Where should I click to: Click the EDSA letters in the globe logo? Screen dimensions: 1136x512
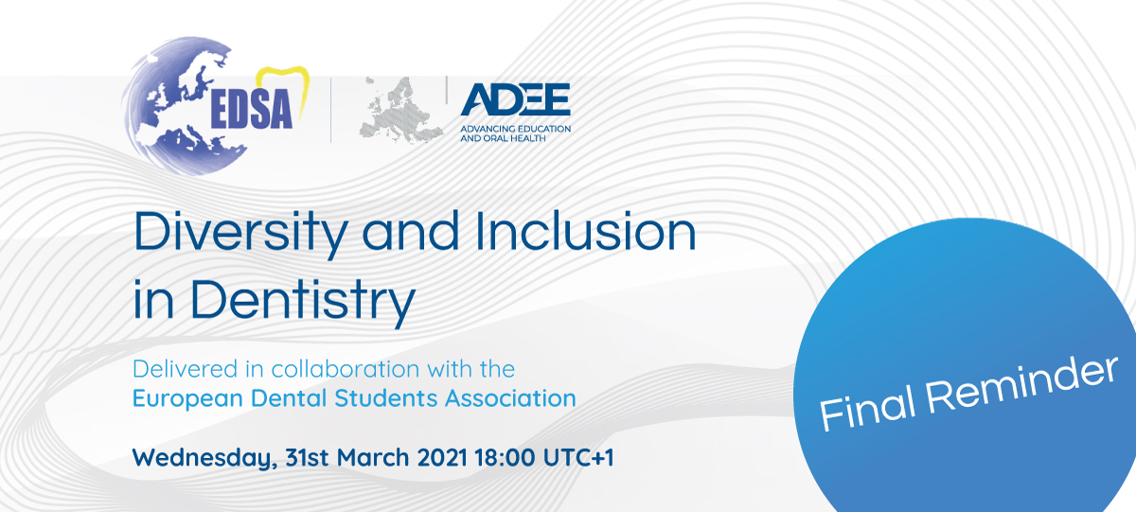click(252, 109)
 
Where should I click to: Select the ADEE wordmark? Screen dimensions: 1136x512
click(515, 99)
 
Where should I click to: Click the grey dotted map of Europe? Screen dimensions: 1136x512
click(400, 109)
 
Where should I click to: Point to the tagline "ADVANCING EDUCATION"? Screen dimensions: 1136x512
click(515, 129)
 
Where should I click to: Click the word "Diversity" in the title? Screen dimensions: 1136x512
click(240, 233)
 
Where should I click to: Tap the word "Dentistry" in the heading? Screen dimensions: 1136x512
click(303, 300)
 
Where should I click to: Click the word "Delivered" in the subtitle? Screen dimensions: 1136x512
click(186, 369)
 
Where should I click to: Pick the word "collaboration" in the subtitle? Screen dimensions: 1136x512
click(346, 369)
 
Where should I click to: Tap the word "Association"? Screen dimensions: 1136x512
click(510, 398)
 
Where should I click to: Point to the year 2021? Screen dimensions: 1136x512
click(442, 457)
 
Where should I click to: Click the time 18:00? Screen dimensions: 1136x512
click(505, 457)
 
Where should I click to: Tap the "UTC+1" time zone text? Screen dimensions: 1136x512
click(578, 457)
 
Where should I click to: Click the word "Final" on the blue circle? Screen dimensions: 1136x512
click(868, 409)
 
